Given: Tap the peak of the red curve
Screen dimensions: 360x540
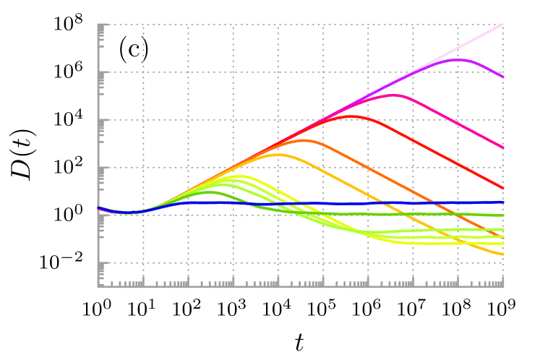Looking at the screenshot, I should [x=352, y=116].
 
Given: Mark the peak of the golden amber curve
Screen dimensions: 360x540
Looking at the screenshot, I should [x=278, y=155].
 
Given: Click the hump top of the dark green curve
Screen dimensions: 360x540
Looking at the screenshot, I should [x=209, y=192].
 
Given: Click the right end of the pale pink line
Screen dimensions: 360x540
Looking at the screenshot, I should [x=502, y=25].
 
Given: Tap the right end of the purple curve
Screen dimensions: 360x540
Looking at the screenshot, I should [x=502, y=77].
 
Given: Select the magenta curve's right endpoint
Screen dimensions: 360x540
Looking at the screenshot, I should [x=502, y=148].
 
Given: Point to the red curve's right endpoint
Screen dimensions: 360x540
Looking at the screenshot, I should [x=502, y=189].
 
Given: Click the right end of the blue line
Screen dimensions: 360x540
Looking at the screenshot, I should [x=502, y=202].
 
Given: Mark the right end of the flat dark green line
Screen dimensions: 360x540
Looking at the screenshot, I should [x=502, y=215].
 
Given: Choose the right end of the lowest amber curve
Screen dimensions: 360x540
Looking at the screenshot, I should [x=502, y=254].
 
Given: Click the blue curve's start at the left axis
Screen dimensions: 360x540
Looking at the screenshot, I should [x=98, y=207].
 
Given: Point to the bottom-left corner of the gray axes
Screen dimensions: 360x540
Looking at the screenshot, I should [x=98, y=286].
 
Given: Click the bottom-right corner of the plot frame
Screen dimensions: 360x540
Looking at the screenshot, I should [x=502, y=286].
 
